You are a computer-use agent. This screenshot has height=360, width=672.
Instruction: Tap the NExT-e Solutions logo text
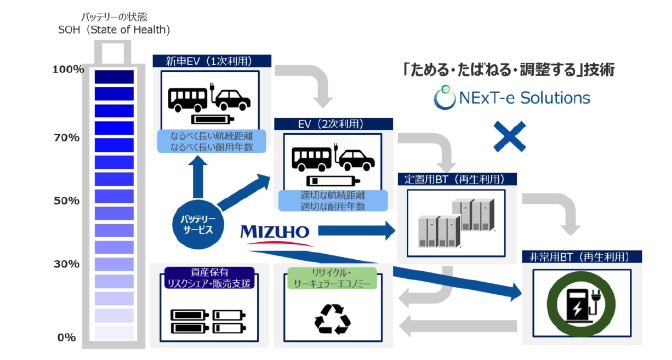511,98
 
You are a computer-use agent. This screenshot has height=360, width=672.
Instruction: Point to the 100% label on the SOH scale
69,70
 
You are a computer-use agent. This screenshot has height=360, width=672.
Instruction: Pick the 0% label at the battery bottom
66,338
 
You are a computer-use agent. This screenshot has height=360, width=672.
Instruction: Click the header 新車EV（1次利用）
211,61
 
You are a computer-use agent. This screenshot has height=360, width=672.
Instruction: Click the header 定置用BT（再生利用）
457,179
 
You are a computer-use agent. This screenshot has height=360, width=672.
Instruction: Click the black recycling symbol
332,318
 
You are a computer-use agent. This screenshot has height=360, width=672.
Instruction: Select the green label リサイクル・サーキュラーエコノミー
332,278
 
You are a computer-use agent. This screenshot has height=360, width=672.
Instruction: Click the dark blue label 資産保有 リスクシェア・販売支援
209,278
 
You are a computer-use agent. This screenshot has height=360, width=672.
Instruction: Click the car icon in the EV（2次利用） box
355,159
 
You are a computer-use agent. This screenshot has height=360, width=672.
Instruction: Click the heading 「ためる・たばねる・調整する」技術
508,70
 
